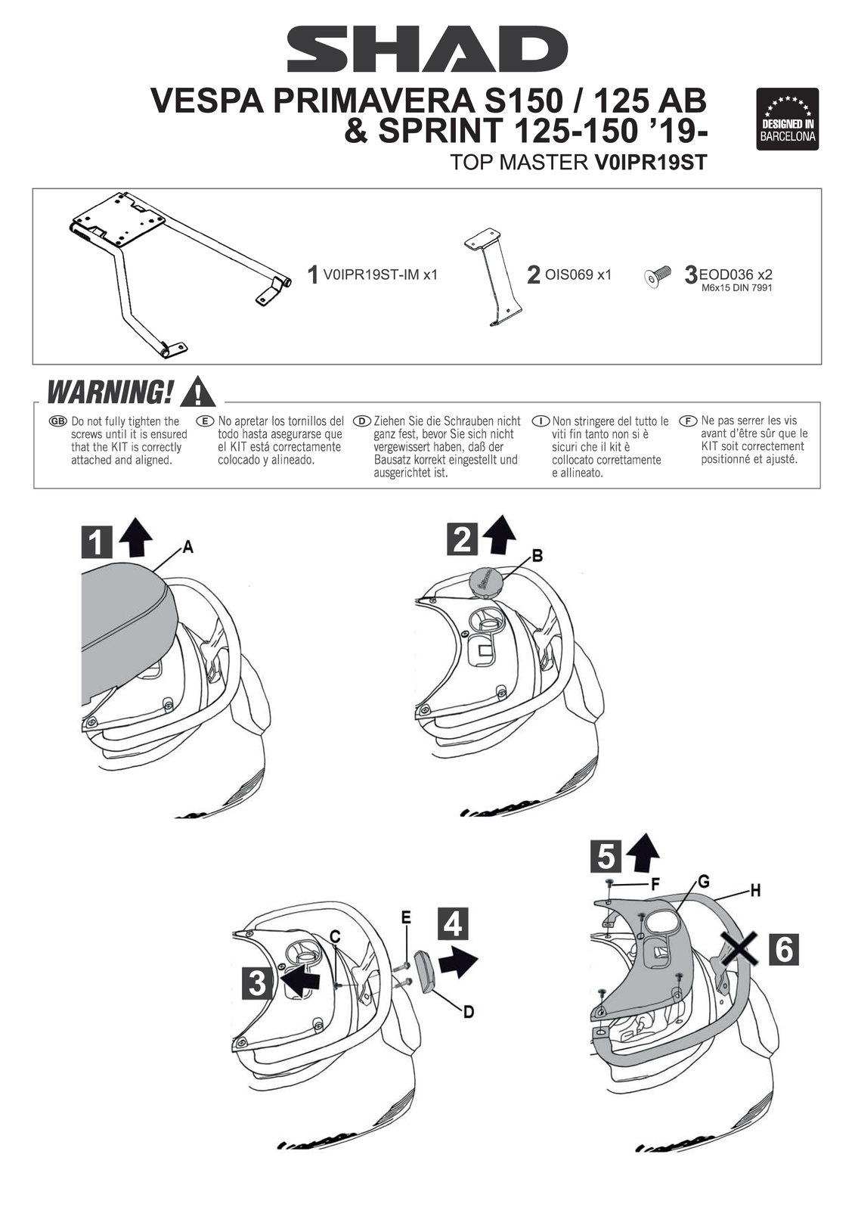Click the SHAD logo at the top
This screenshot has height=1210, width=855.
[427, 49]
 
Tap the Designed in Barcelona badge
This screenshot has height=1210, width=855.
[788, 119]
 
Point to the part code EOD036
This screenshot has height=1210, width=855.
[726, 275]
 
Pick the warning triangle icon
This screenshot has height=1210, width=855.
[198, 392]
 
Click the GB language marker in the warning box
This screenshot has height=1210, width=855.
[57, 421]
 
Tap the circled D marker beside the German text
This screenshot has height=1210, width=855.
[362, 421]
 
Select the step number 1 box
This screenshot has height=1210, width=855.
[97, 543]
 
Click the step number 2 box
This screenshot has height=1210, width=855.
[462, 539]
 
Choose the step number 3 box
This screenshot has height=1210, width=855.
[257, 982]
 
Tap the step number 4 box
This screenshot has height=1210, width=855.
[452, 923]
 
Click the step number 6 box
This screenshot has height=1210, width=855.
[784, 949]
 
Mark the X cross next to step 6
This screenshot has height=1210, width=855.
[739, 949]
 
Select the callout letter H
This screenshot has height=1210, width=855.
[754, 891]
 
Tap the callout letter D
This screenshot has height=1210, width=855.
[469, 1011]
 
